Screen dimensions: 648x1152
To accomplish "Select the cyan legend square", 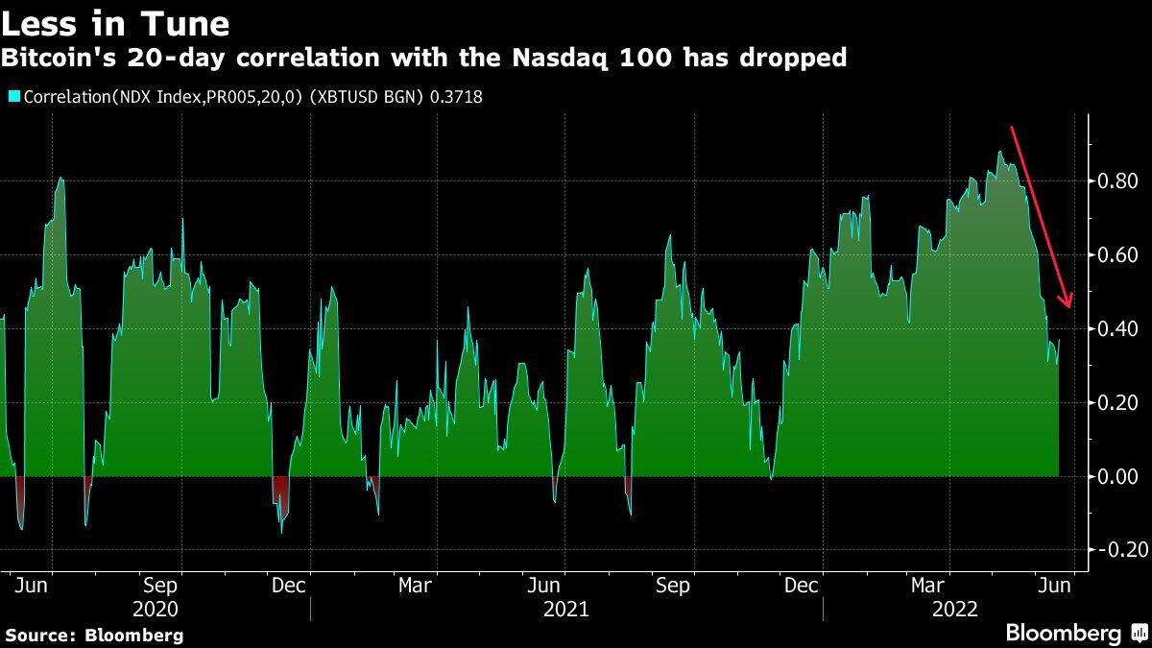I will pos(13,96).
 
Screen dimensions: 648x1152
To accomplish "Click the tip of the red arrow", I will pos(1068,308).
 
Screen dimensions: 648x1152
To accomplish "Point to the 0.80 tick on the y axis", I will pos(1117,181).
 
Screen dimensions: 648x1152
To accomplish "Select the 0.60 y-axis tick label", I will pos(1117,255).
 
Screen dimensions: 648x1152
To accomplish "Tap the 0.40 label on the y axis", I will pos(1117,329).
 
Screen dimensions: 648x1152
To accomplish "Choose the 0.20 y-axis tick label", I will pos(1117,403).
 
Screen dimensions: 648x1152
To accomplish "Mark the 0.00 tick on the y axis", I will pos(1117,477).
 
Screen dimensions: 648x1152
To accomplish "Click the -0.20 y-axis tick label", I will pos(1115,550).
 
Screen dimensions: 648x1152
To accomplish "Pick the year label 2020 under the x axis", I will pos(155,609).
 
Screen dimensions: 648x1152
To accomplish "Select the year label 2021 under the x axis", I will pos(566,609).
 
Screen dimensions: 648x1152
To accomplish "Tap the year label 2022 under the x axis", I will pos(955,609).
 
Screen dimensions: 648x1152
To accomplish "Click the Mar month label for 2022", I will pos(928,586).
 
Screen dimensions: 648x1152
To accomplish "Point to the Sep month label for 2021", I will pos(672,586).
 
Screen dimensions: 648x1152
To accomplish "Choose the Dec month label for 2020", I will pos(288,586).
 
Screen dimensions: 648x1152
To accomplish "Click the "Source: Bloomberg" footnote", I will pos(94,635).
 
